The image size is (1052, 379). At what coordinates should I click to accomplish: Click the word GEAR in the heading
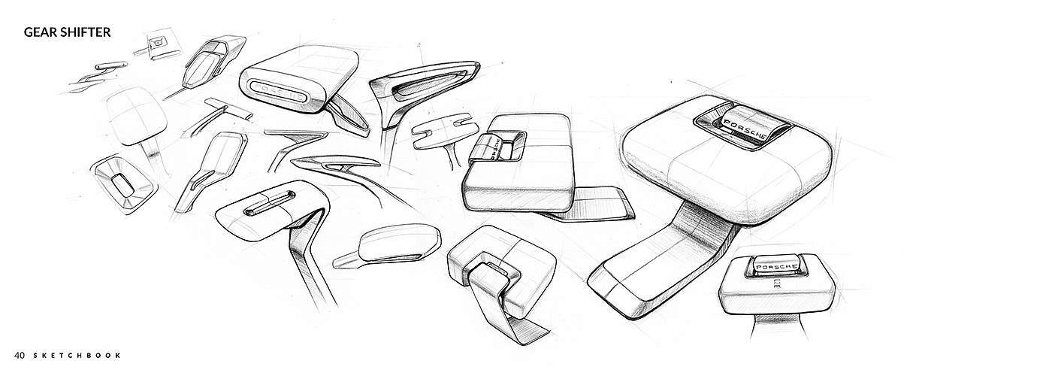pyautogui.click(x=39, y=32)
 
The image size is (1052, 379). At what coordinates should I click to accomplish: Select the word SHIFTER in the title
pyautogui.click(x=84, y=32)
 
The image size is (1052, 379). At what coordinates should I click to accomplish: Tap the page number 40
pyautogui.click(x=20, y=356)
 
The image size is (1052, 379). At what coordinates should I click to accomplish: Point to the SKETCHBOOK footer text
pyautogui.click(x=77, y=356)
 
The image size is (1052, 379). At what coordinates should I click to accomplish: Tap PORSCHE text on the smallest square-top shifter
pyautogui.click(x=775, y=268)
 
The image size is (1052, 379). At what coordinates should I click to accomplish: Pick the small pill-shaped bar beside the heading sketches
pyautogui.click(x=111, y=66)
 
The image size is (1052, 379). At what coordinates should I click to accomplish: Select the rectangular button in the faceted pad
pyautogui.click(x=123, y=183)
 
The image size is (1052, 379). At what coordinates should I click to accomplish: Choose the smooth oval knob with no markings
pyautogui.click(x=399, y=243)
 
